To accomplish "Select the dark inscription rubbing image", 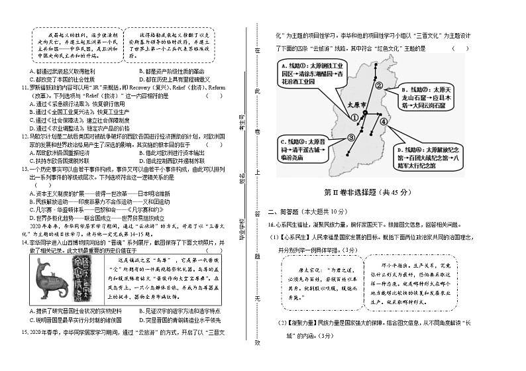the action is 97,280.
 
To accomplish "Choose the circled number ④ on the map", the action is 383,122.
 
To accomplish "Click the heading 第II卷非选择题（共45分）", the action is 366,192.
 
